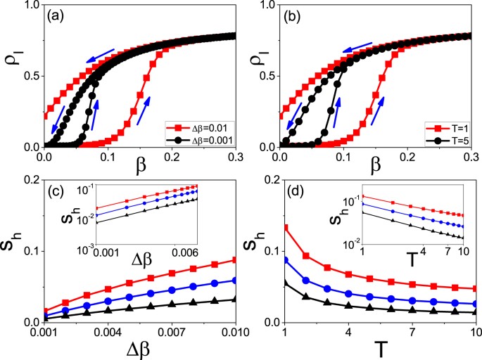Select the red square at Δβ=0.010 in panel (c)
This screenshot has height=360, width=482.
pos(234,260)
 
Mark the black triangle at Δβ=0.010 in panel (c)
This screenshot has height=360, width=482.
pos(234,299)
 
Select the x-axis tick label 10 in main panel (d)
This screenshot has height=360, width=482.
pos(474,331)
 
